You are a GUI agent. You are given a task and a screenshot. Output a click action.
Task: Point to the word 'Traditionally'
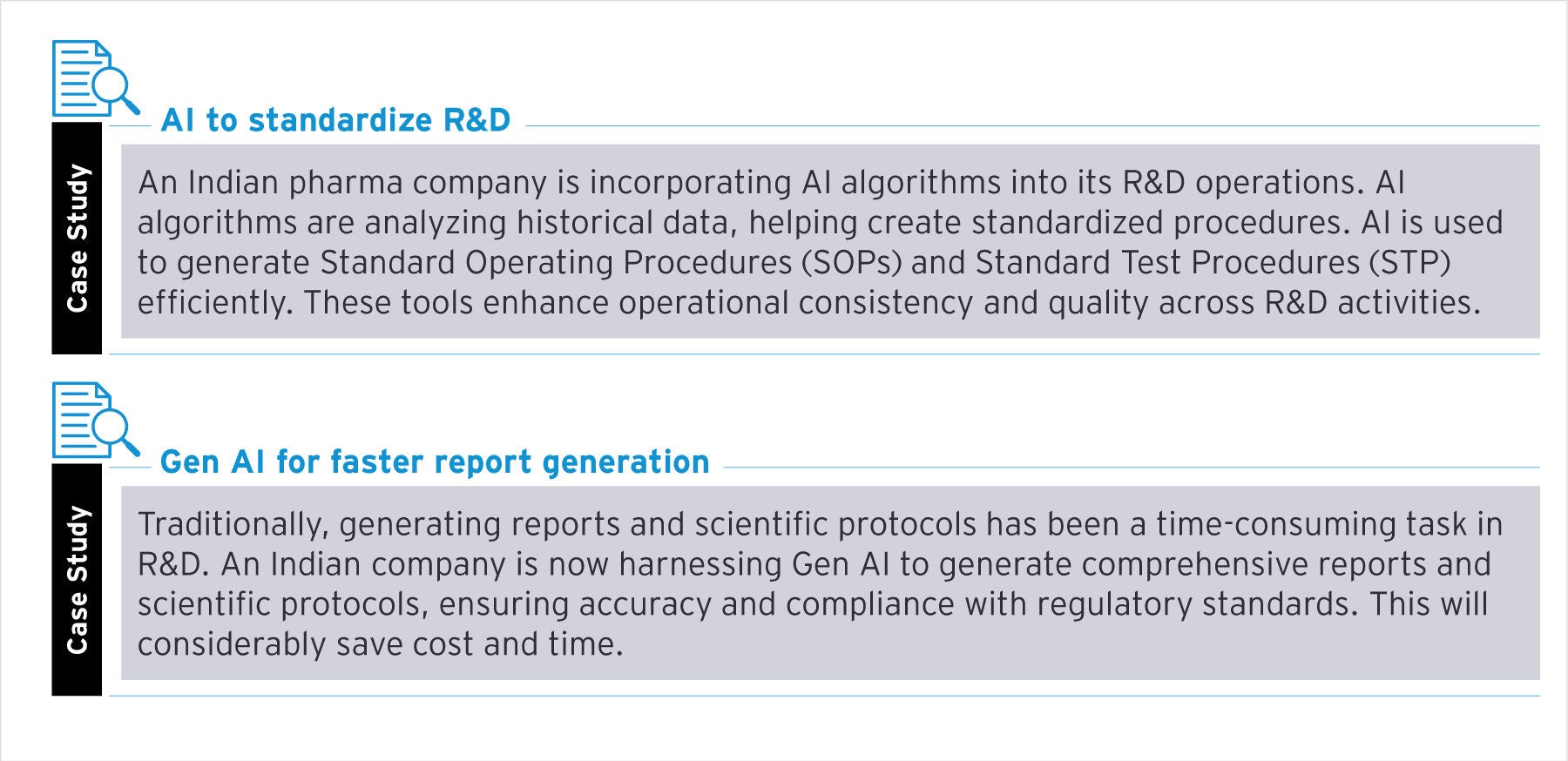pos(233,525)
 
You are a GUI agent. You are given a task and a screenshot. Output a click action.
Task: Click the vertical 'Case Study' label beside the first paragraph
pos(77,238)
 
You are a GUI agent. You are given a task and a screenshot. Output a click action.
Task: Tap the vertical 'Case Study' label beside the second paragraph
pos(77,579)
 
